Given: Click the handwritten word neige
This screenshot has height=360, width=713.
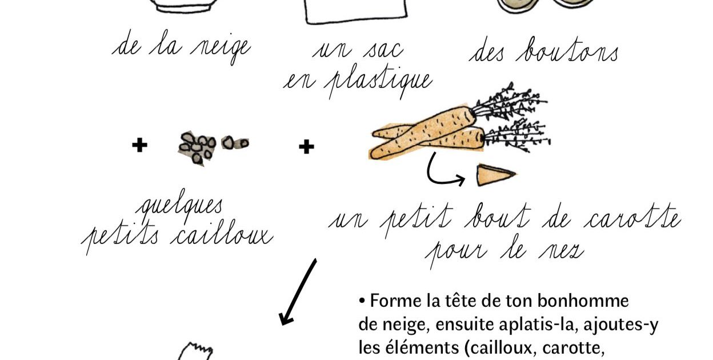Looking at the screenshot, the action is [x=221, y=49].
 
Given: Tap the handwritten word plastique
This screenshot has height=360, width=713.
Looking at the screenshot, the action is [x=378, y=83].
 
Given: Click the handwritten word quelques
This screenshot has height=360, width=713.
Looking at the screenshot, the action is [x=179, y=205].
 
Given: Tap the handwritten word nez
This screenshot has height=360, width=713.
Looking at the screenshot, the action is [x=562, y=251].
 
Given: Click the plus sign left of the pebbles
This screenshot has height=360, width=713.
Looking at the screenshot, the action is [x=140, y=145].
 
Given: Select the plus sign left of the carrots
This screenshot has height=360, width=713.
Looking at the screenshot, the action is [x=307, y=147].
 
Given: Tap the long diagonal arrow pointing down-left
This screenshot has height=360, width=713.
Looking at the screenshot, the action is [x=298, y=292].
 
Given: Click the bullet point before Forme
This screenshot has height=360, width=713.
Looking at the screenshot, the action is [x=362, y=301].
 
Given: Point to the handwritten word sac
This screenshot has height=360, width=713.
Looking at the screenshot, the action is [x=383, y=51].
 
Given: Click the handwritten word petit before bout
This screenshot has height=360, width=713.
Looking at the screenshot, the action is [x=416, y=219].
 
